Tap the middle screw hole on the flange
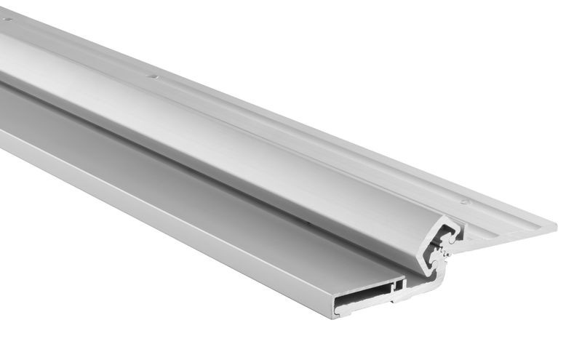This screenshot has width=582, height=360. (153, 76)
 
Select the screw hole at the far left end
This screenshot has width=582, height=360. (8, 20)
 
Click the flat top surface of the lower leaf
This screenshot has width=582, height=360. (218, 189)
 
